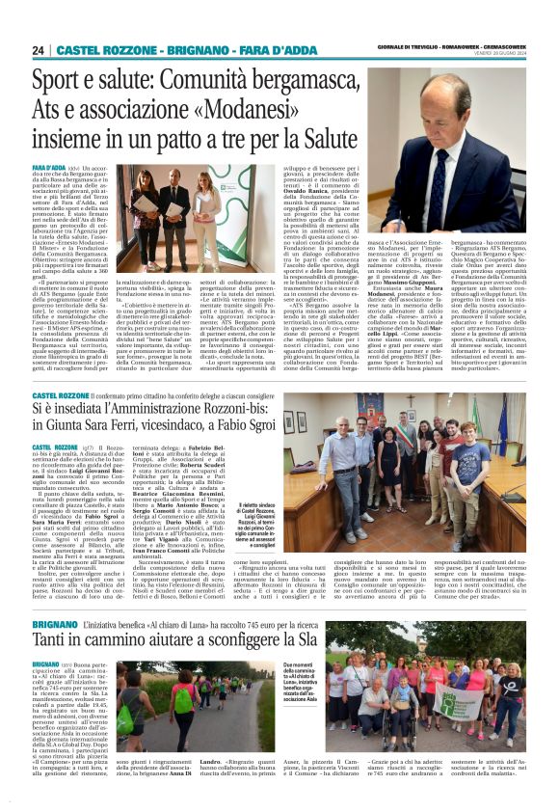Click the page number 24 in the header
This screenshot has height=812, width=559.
39,49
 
